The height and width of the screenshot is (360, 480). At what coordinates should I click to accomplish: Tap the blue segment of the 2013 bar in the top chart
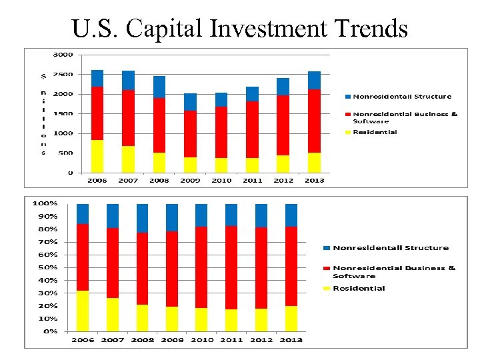[x=314, y=80]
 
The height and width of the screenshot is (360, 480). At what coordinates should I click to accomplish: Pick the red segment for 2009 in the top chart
[x=190, y=134]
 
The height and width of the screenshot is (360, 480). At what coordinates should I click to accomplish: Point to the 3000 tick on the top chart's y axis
[x=64, y=54]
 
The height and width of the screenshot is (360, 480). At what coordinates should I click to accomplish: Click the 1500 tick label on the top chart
[x=64, y=113]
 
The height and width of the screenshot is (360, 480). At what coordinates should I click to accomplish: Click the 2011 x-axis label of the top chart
[x=253, y=180]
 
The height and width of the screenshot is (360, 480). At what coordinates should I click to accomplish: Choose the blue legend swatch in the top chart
[x=347, y=97]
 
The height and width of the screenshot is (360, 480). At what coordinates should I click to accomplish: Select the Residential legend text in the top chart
[x=375, y=132]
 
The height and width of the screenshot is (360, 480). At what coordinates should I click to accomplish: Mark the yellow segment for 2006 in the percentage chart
[x=83, y=311]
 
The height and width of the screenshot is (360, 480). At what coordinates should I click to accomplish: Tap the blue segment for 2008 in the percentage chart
[x=142, y=218]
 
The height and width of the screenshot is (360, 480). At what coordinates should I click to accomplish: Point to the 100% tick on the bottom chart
[x=46, y=203]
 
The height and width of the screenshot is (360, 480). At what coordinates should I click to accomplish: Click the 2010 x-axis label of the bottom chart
[x=202, y=340]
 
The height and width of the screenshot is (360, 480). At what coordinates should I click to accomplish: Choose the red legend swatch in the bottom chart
[x=326, y=268]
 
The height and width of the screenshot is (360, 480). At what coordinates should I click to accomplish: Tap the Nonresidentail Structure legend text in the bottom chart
[x=391, y=248]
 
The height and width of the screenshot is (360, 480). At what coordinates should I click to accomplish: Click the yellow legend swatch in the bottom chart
[x=326, y=288]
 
